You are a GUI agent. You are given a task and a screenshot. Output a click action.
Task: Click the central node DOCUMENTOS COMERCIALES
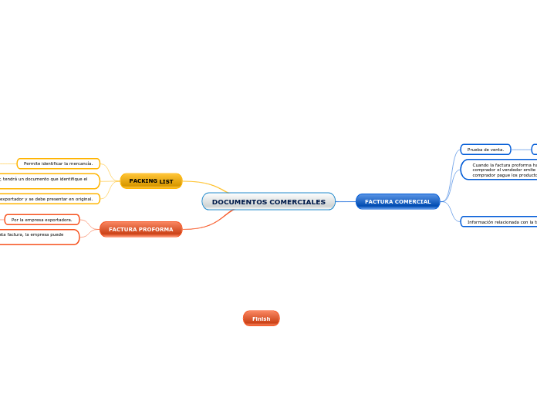[x=268, y=202]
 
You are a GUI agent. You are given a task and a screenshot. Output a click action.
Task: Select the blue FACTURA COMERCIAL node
[x=397, y=202]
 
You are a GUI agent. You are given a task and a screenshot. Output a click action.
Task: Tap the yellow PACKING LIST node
[x=151, y=181]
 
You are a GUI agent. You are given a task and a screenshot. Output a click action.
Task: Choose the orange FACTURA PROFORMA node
[x=140, y=230]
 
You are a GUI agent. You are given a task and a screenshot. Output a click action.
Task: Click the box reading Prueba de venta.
[x=485, y=150]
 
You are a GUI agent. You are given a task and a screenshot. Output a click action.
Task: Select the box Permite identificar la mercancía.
[x=58, y=163]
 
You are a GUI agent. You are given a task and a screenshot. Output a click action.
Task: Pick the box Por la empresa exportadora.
[x=42, y=220]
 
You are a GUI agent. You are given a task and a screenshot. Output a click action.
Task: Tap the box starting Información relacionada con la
[x=499, y=222]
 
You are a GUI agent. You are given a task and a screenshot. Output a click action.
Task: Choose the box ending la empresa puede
[x=35, y=237]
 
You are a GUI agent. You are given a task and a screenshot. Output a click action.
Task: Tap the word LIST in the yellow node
[x=166, y=181]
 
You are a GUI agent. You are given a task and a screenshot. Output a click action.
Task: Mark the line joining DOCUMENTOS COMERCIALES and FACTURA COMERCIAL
[x=346, y=202]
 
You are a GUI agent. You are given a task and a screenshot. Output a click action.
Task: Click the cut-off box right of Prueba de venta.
[x=534, y=150]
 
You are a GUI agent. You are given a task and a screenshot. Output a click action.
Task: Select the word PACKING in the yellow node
[x=143, y=181]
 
